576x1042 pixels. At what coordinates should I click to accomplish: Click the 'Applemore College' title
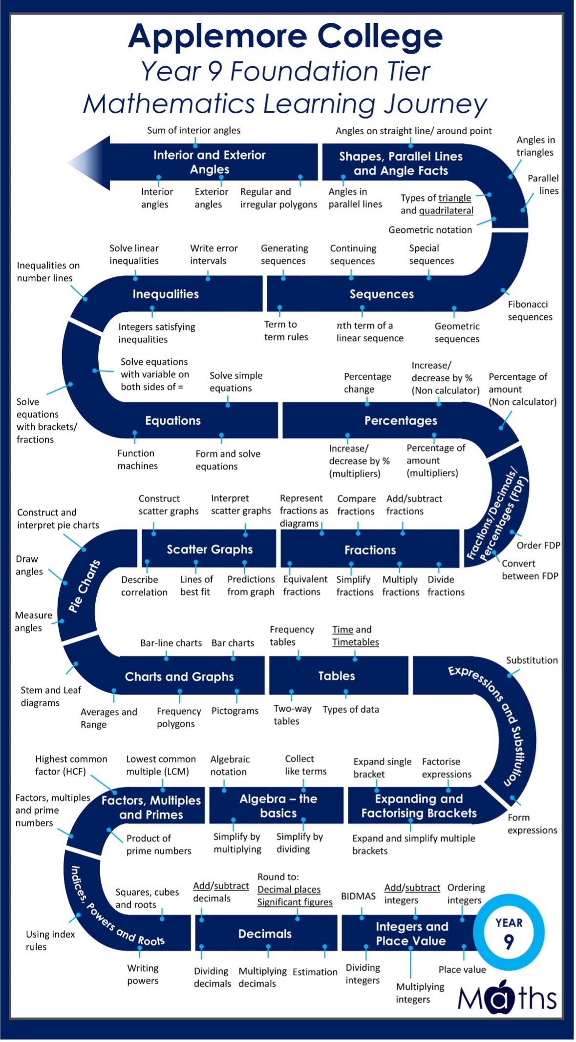point(285,36)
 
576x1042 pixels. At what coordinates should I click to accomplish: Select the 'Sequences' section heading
point(382,294)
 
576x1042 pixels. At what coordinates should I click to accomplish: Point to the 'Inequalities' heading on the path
point(166,294)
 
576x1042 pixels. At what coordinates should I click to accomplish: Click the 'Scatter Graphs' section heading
point(210,549)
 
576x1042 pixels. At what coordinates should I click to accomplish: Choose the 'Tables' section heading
point(337,676)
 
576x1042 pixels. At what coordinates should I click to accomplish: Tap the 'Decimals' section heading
point(265,934)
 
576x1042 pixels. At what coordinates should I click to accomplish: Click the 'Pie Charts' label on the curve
point(84,586)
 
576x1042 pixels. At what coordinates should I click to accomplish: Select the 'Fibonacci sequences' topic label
point(530,310)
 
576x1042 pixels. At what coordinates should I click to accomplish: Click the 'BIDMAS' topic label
point(358,896)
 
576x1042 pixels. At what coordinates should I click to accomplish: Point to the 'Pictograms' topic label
point(235,711)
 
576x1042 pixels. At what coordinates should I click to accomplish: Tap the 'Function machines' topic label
point(137,459)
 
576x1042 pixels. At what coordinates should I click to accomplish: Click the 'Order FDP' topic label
point(538,545)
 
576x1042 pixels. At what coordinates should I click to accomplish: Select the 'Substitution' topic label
point(532,660)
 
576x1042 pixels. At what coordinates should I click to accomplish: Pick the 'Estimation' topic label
point(315,972)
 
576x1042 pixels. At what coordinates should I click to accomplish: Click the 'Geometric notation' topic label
point(430,230)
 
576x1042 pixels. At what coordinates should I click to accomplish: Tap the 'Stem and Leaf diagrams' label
point(50,696)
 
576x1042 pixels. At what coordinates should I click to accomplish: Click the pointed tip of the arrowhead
point(69,163)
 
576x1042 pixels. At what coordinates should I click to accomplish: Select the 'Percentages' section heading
point(401,421)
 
